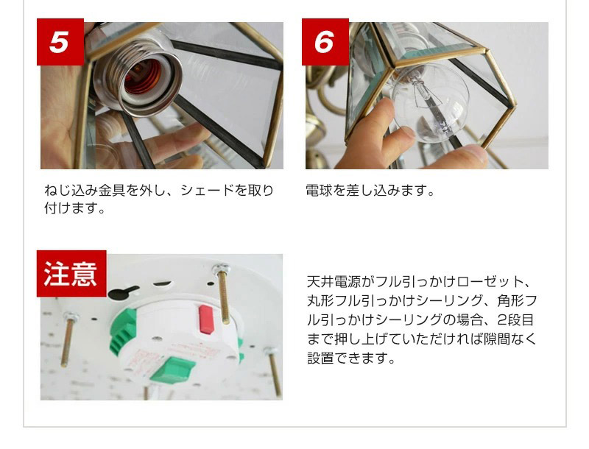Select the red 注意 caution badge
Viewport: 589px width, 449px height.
tap(71, 273)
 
